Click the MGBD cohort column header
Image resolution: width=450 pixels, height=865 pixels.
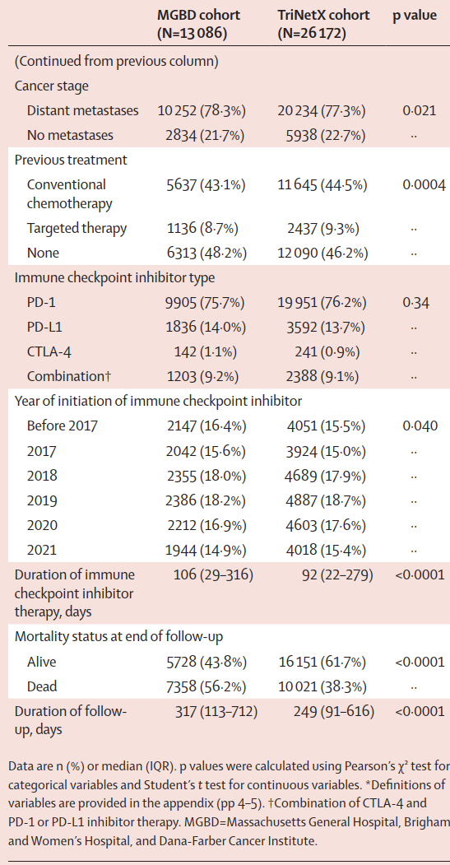click(198, 24)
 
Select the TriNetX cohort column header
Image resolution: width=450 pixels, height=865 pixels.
click(322, 24)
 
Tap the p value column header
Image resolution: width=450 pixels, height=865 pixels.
click(414, 16)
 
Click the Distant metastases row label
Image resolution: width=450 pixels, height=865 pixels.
click(83, 110)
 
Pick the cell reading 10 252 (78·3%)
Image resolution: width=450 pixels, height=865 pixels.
click(202, 111)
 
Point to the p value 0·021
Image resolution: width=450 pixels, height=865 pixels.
click(419, 111)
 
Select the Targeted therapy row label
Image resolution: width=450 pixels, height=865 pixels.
click(77, 228)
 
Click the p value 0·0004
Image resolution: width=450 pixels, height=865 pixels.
click(424, 185)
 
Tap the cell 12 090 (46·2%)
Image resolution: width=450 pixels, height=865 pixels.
click(322, 253)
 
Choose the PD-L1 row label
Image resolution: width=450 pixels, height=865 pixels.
click(44, 327)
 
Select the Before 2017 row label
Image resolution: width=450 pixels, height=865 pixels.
click(62, 426)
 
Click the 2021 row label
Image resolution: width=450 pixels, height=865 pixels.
click(42, 550)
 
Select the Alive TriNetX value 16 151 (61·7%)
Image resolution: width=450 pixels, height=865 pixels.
click(322, 662)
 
